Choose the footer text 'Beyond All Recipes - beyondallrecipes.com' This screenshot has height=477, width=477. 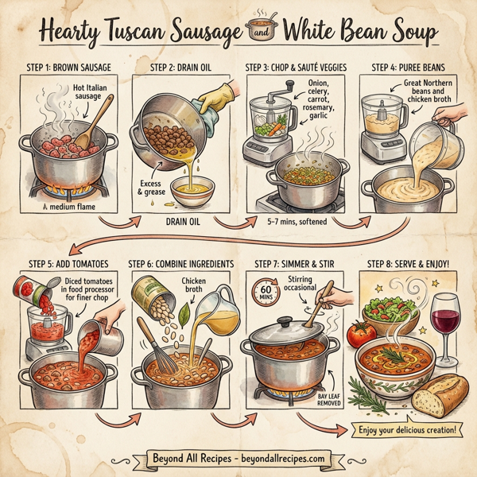point(238,458)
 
